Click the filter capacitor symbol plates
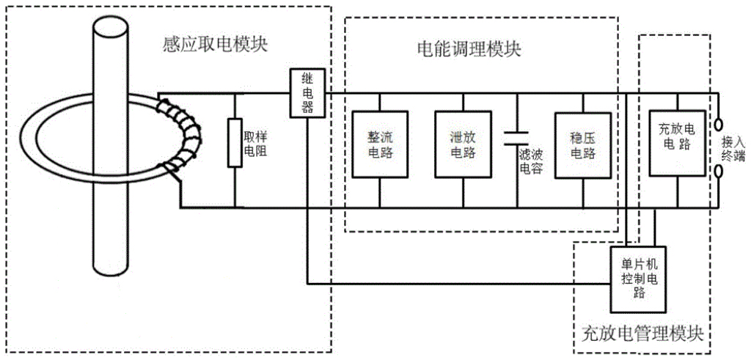(517, 136)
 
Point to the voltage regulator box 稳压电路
(582, 144)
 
